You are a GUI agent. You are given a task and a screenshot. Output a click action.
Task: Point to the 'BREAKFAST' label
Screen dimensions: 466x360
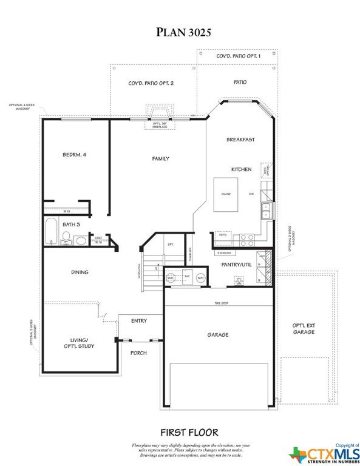coord(240,140)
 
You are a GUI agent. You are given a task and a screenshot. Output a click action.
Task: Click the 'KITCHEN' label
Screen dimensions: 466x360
coord(240,169)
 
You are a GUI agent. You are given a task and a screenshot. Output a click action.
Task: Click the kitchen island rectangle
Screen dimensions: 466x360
coord(225,195)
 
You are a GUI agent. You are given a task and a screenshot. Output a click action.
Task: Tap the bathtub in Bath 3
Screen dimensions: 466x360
coord(50,231)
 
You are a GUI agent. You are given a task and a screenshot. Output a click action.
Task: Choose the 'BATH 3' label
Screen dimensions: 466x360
coord(56,223)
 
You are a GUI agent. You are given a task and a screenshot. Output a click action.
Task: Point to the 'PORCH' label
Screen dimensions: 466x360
coord(139,353)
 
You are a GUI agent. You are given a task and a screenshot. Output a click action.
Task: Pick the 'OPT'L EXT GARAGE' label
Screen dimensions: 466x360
coord(304,328)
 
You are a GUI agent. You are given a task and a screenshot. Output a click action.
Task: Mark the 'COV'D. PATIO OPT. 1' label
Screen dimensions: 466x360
coord(239,56)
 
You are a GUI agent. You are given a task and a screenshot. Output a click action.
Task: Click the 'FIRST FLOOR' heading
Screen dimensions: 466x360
coord(189,433)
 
